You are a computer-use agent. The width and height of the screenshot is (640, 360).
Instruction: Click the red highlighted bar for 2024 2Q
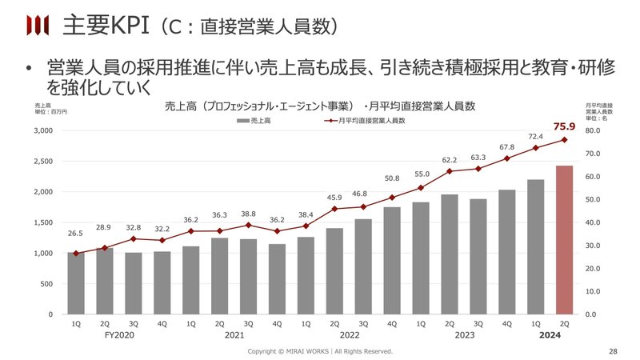pos(564,240)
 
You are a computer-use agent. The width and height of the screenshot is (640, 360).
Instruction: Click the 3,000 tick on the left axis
pos(41,130)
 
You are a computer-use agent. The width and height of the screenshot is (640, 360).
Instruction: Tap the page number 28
pos(614,351)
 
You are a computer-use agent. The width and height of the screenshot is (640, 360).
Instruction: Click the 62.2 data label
pos(449,159)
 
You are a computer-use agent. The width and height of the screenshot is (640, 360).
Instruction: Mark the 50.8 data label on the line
pos(391,178)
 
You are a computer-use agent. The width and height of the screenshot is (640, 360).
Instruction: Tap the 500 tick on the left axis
pos(45,284)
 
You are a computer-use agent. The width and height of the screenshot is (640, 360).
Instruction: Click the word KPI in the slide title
pos(124,26)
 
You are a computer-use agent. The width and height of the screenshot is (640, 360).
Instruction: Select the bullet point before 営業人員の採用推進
pos(27,69)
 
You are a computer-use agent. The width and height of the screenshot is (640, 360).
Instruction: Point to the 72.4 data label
pos(535,137)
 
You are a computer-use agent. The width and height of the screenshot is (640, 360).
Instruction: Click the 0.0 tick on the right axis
pos(590,314)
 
